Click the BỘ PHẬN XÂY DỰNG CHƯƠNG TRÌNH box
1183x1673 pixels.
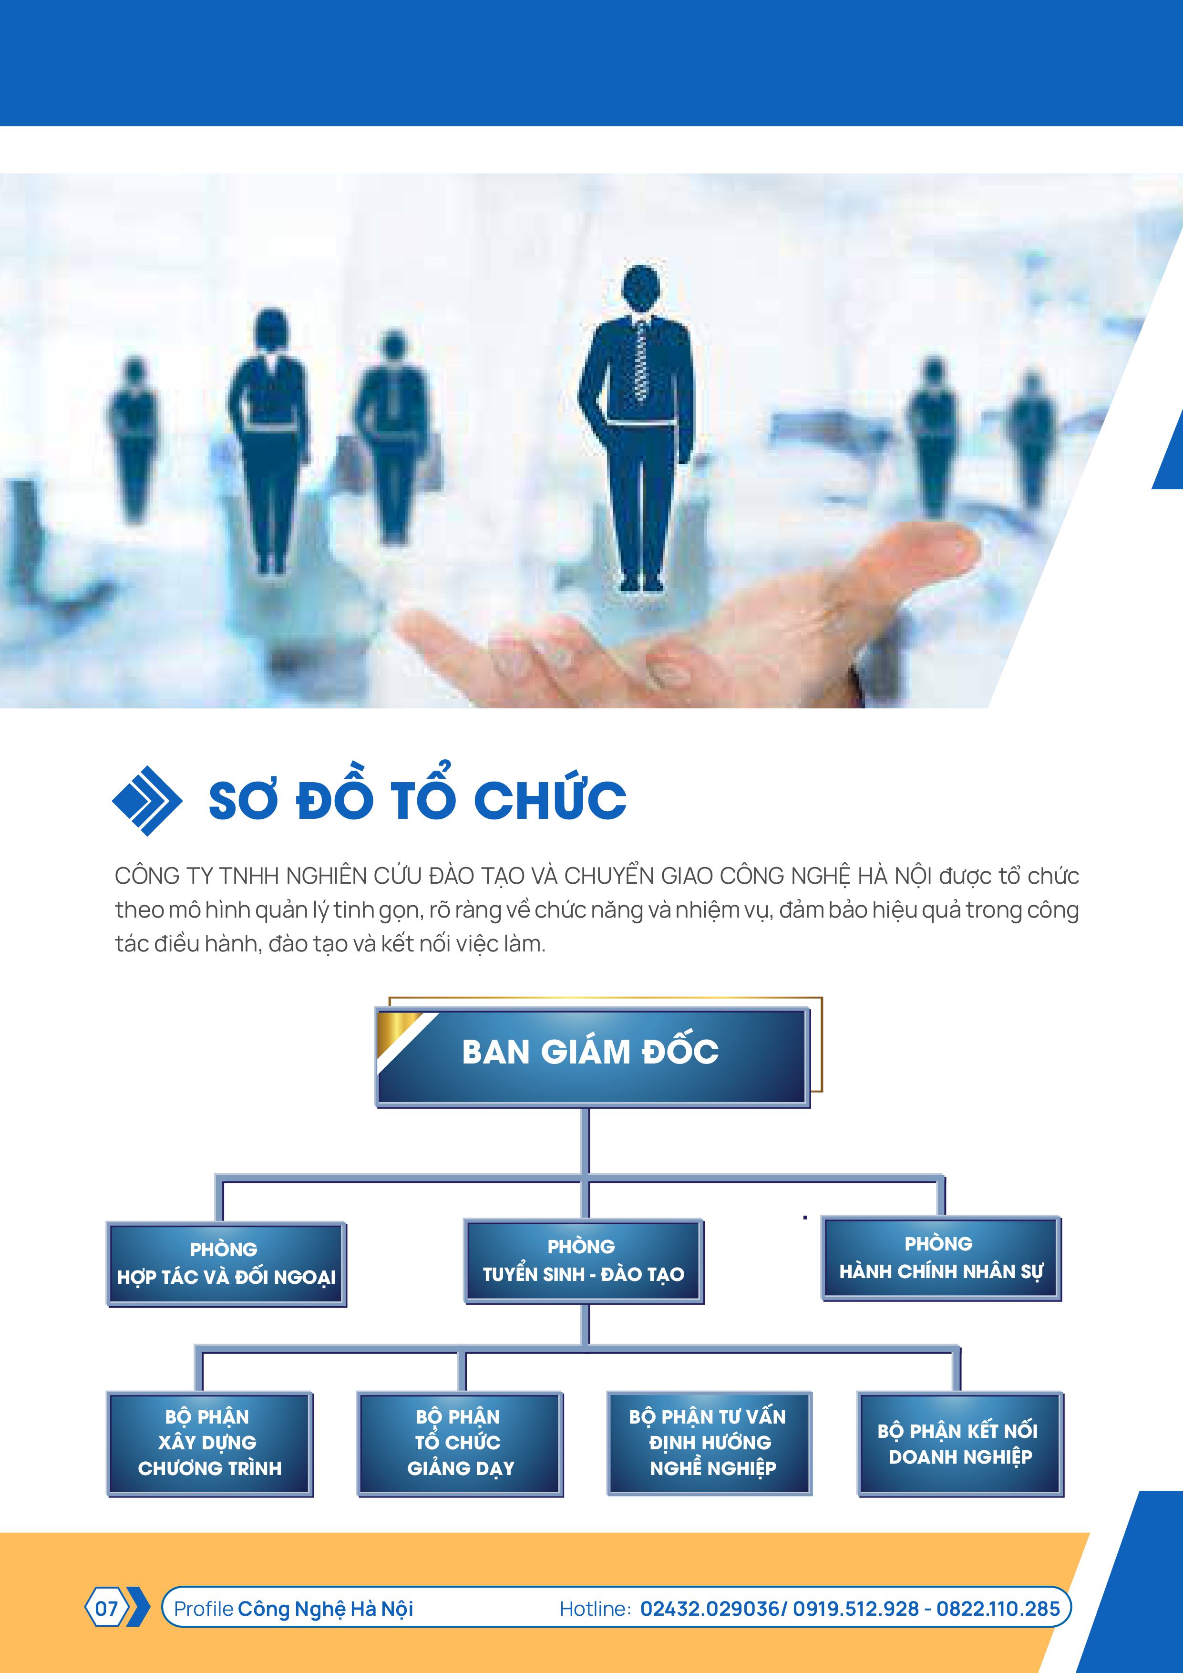click(210, 1444)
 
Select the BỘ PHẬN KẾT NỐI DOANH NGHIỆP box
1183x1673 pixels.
click(961, 1444)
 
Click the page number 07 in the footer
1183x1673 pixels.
click(106, 1608)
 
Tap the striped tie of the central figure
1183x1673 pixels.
click(641, 360)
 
